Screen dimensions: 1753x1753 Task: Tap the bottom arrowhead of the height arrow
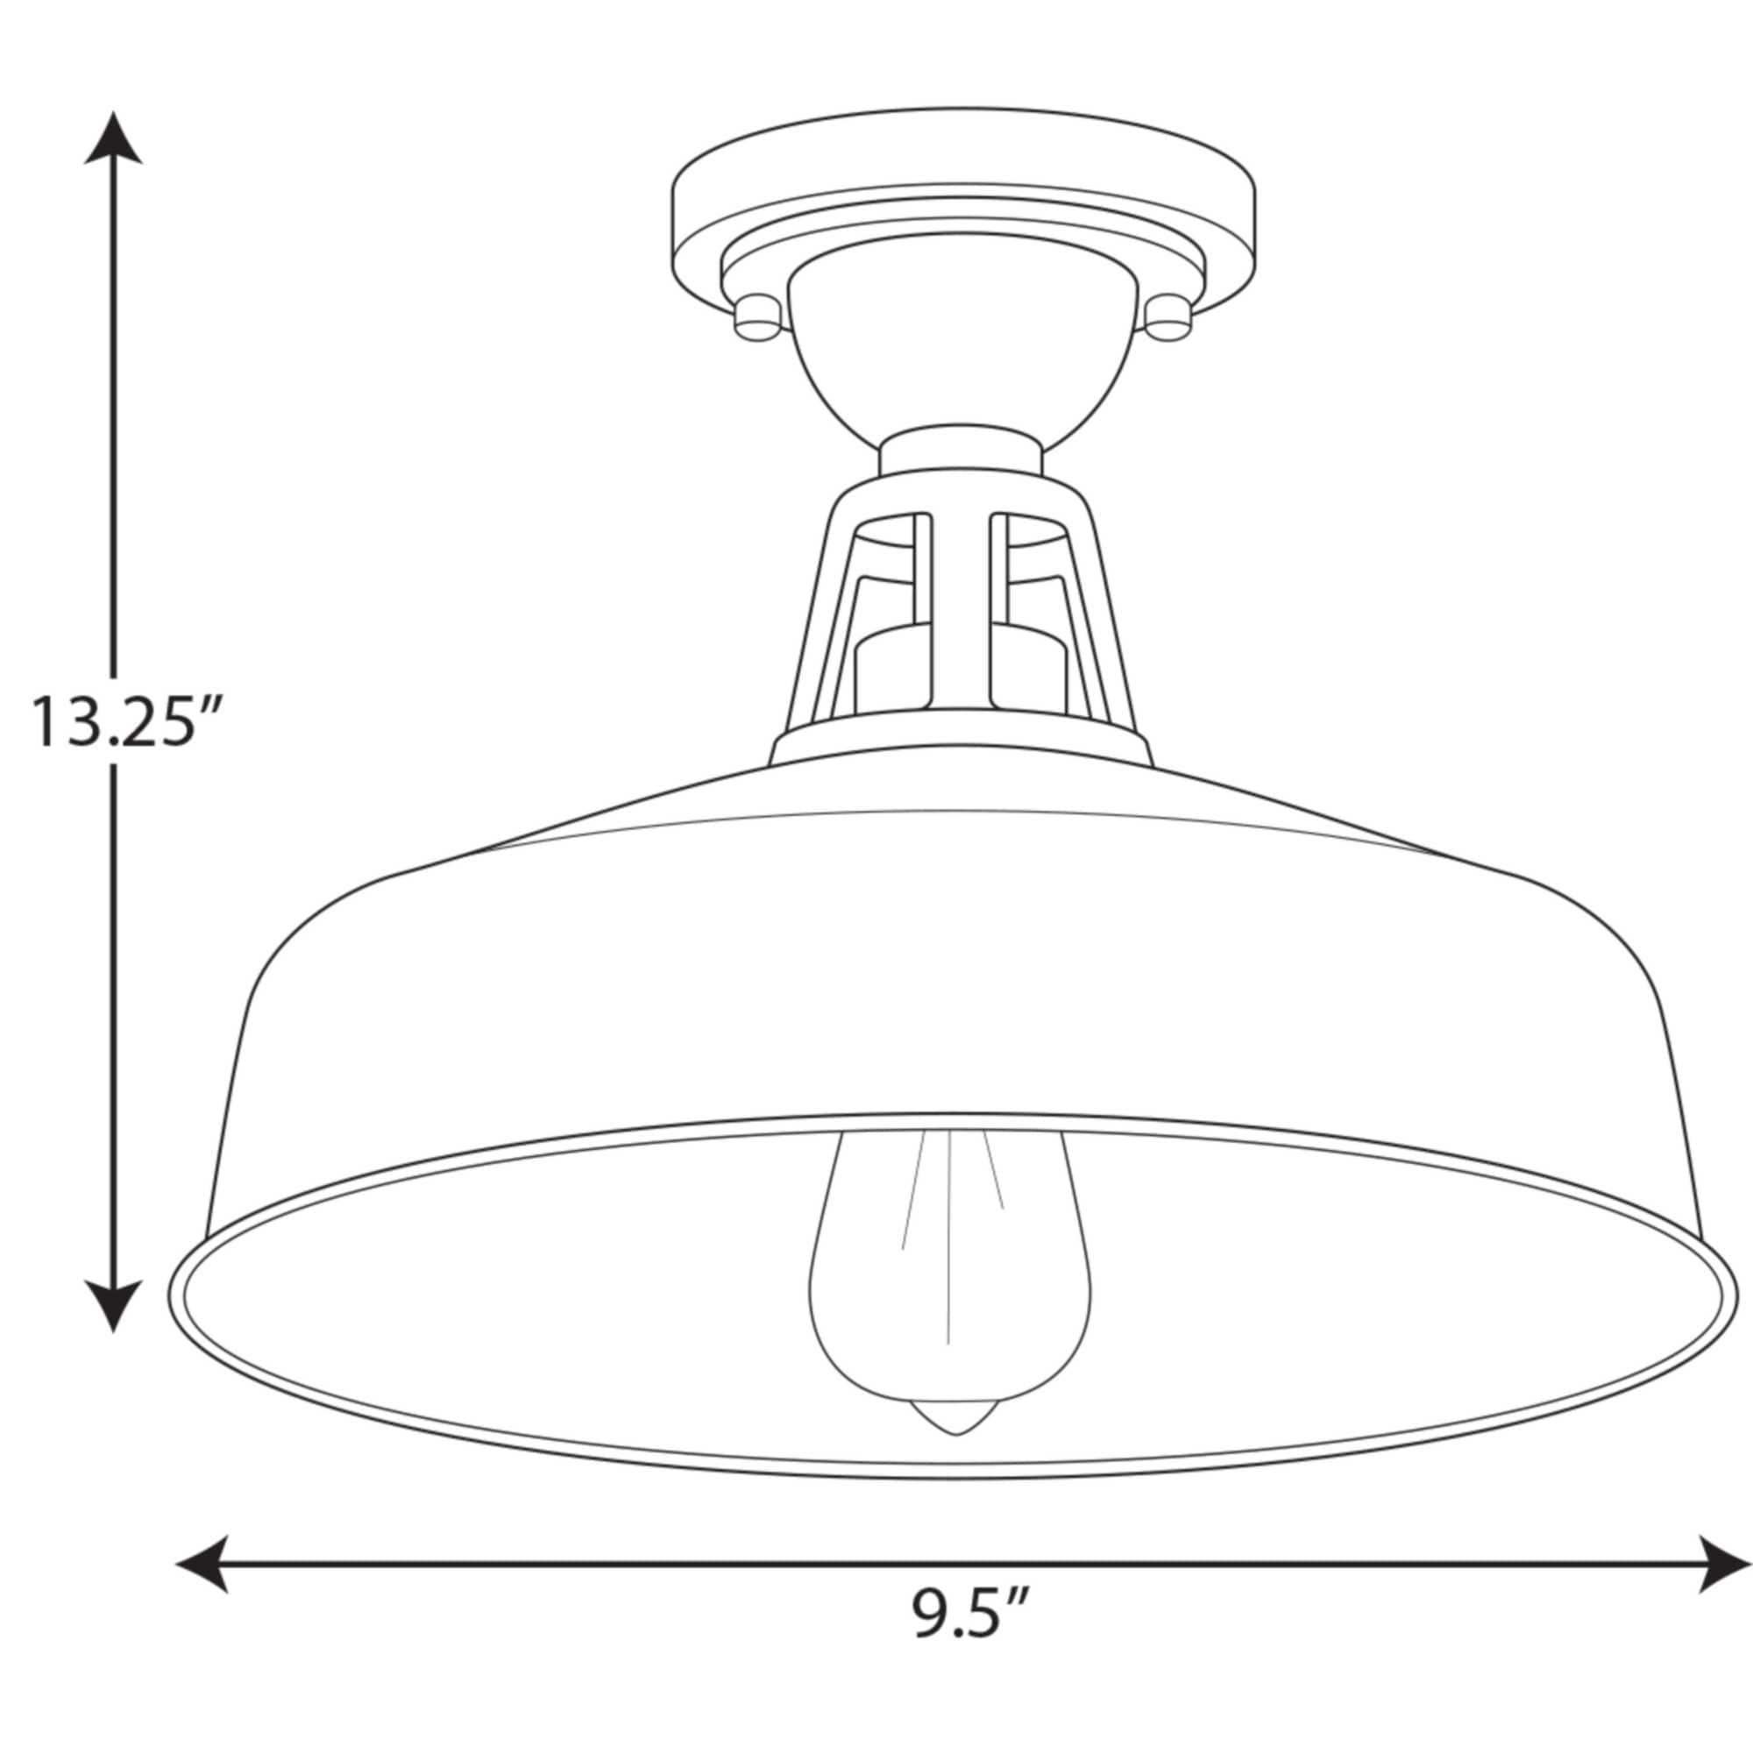tap(113, 1303)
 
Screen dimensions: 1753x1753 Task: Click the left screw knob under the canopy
tap(758, 319)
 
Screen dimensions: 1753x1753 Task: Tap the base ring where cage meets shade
tap(962, 726)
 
